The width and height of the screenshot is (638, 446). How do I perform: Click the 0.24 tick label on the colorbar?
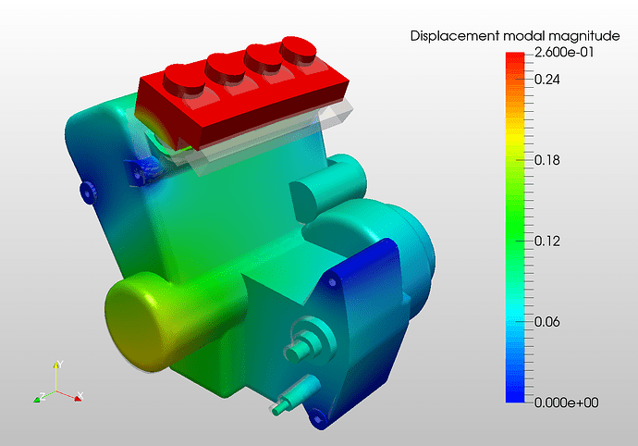click(x=546, y=79)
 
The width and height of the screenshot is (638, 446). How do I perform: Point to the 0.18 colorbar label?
click(x=546, y=160)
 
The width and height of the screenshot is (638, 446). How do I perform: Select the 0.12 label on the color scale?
click(x=546, y=242)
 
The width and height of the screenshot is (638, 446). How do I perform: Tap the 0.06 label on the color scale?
click(x=546, y=322)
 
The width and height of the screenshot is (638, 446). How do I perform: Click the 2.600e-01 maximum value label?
click(x=564, y=52)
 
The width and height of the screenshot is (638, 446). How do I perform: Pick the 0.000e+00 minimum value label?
click(x=566, y=403)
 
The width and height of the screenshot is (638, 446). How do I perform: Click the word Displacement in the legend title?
click(x=455, y=36)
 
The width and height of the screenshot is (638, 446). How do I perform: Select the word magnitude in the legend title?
click(x=583, y=37)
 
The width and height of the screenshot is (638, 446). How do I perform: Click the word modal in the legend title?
click(x=523, y=36)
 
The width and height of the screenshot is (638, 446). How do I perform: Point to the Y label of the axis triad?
click(x=60, y=364)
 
